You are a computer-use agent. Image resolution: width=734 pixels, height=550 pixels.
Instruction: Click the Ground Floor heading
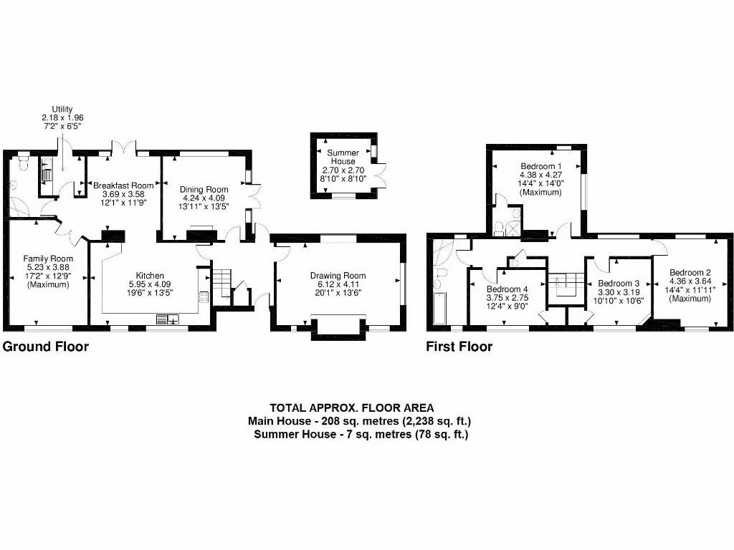(x=46, y=347)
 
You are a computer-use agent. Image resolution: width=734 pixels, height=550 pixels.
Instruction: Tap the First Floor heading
(x=459, y=347)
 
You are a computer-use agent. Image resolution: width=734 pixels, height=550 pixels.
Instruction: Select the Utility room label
(x=62, y=109)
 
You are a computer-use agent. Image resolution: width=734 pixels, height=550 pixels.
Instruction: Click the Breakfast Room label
(x=123, y=185)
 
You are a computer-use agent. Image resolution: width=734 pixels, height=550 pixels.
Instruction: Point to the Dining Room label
(x=204, y=190)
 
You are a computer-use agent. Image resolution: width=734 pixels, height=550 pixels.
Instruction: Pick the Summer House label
(x=343, y=157)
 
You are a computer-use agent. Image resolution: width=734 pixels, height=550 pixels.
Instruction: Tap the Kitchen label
(x=151, y=275)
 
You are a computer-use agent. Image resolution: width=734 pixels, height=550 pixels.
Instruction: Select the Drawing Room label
(x=338, y=275)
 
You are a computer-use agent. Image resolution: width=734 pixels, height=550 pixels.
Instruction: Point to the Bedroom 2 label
(x=690, y=272)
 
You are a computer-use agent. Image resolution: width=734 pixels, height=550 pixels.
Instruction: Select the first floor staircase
(x=565, y=284)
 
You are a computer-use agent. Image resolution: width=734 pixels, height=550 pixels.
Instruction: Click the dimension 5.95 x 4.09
(x=151, y=284)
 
